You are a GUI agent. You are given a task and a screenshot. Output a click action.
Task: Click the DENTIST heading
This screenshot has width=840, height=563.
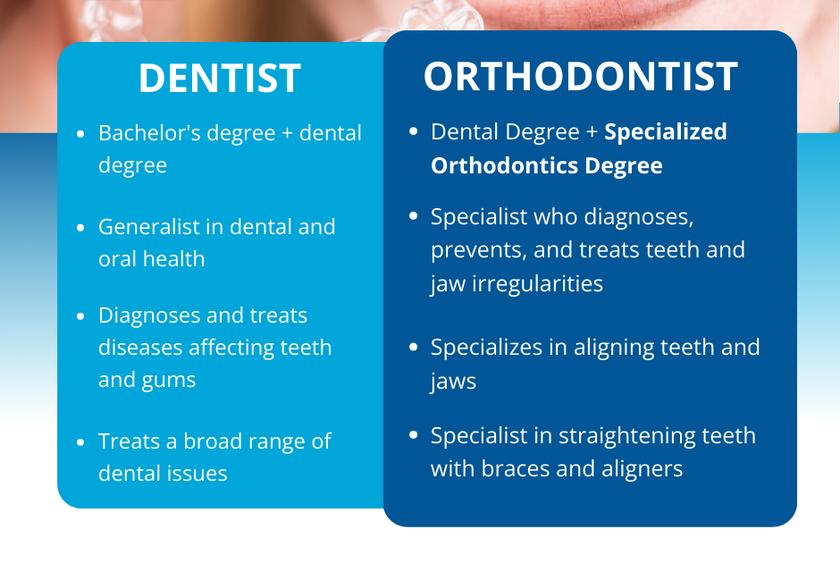tap(219, 79)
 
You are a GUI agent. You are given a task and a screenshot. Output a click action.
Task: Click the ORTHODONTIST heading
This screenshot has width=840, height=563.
tap(581, 77)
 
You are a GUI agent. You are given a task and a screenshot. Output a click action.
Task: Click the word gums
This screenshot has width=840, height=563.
tap(170, 381)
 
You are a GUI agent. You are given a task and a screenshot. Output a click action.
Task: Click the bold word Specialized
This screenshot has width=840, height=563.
tap(666, 132)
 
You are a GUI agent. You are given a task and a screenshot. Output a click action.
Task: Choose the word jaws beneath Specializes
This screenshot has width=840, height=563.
tap(453, 382)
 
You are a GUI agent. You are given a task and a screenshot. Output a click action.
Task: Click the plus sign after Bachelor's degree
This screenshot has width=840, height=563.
tap(284, 134)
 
